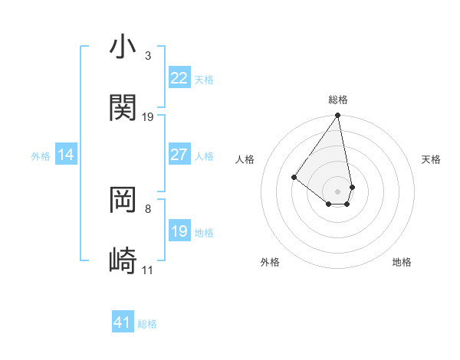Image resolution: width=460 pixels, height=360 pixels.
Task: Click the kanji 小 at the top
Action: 123,47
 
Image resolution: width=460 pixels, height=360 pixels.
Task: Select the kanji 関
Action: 123,108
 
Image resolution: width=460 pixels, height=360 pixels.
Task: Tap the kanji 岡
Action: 123,200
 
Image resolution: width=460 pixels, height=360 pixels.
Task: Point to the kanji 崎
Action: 123,261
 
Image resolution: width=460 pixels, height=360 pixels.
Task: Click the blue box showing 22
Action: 179,78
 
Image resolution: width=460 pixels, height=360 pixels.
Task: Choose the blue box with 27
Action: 179,155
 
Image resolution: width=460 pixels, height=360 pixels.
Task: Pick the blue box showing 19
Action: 179,231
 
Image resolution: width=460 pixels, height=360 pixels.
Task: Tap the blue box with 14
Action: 66,155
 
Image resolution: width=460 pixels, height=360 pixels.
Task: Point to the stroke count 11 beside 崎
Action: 147,270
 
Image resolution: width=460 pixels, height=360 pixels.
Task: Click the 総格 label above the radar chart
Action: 338,100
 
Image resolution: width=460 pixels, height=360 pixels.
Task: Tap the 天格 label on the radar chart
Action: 431,159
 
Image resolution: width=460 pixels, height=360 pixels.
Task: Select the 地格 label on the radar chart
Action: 402,262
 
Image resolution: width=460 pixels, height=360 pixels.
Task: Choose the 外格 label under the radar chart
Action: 270,262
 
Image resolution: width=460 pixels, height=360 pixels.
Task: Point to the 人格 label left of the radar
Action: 245,159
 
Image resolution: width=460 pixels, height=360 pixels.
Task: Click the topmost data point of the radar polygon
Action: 337,116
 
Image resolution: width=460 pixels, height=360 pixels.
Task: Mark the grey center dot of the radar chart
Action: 337,191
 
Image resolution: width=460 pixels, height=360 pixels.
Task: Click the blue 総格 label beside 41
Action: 147,324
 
